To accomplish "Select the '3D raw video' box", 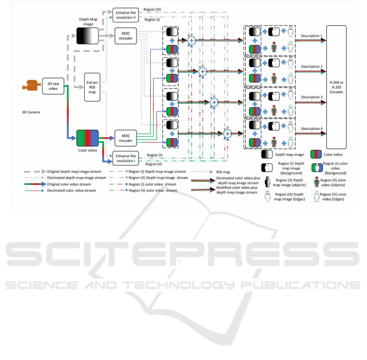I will click(53, 86).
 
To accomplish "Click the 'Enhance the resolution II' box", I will click(125, 15).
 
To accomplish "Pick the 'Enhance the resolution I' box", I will click(125, 158).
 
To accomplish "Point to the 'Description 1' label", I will click(312, 36).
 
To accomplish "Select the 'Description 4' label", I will click(312, 129).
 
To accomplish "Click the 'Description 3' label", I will click(312, 97).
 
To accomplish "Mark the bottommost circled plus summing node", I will click(228, 132).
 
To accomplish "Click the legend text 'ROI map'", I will click(222, 172).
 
